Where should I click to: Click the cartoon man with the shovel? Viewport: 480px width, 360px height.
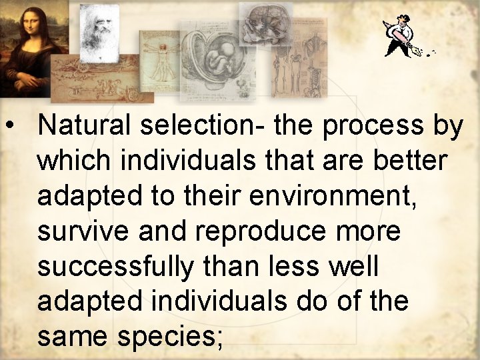(403, 37)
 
